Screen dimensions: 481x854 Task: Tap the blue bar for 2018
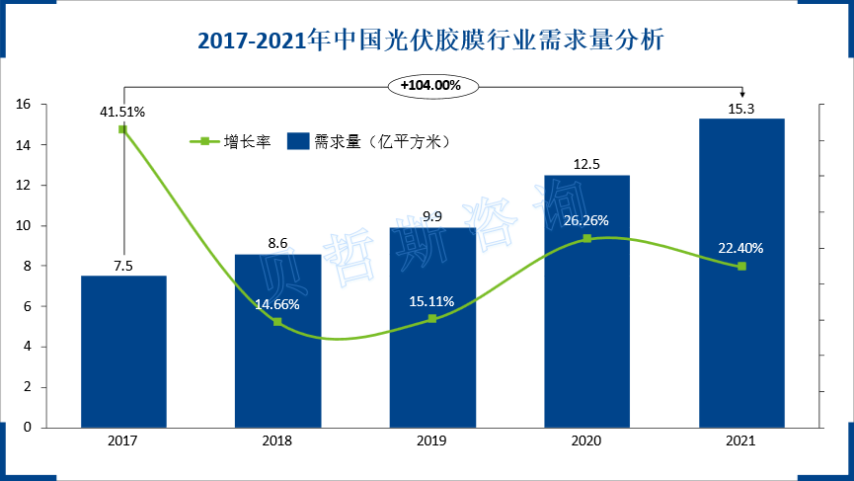(277, 375)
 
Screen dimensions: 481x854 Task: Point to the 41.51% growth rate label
(122, 112)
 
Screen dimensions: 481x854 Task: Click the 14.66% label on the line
(276, 304)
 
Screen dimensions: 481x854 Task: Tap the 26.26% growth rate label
(586, 220)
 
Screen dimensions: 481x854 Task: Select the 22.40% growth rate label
(741, 248)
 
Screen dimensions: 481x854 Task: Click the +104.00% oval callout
(431, 86)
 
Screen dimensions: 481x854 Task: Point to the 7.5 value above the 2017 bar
(123, 265)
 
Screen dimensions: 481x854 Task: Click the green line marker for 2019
(432, 319)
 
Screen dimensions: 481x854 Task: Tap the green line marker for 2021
(741, 266)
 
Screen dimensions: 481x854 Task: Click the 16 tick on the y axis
(25, 105)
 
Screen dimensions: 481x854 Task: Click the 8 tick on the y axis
(28, 266)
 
